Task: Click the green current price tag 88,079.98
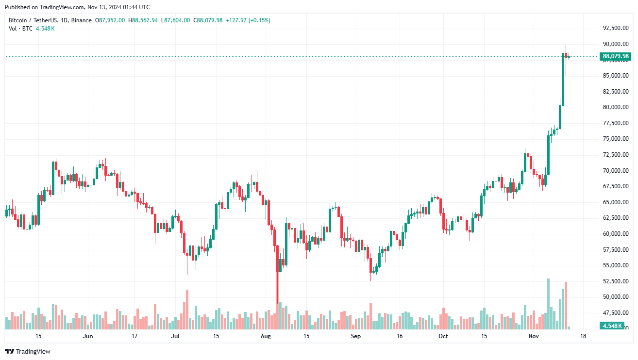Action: pos(616,56)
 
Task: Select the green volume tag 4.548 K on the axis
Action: pos(612,326)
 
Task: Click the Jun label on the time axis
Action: pos(87,336)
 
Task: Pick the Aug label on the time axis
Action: pos(265,336)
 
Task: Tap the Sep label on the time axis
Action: pos(355,336)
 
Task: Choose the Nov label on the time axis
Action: pos(534,336)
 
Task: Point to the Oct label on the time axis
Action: pos(443,336)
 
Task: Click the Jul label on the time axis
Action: pos(175,336)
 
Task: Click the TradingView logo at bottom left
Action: pos(28,351)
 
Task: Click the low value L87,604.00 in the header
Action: pos(177,20)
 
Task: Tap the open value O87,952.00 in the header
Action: pos(110,20)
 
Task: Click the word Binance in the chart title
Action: pos(80,20)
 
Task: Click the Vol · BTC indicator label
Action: pos(21,29)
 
